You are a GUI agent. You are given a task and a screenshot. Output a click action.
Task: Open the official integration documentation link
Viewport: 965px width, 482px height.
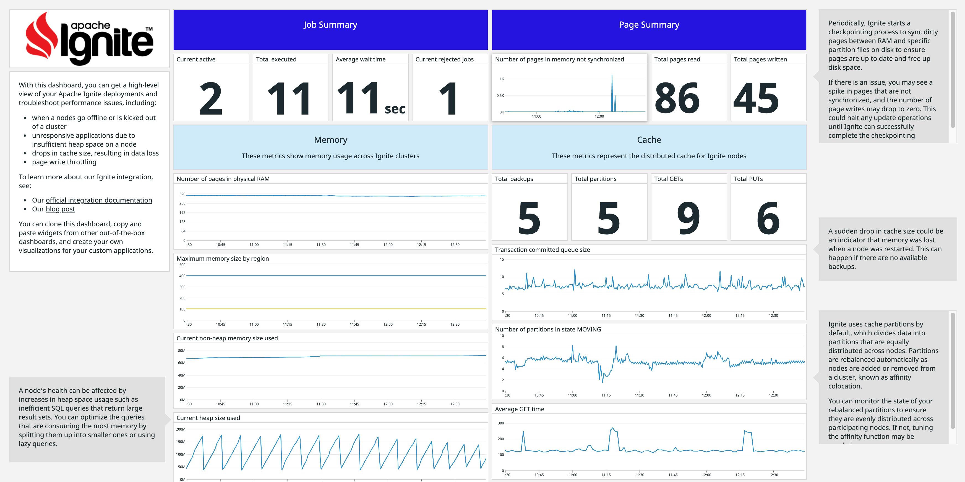pos(99,200)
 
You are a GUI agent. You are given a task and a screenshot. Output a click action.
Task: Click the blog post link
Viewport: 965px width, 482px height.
pos(60,209)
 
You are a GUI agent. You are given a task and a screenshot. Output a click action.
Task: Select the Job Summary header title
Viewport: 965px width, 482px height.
pos(330,25)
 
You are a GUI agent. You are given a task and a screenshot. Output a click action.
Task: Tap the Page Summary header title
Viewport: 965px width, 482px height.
pos(649,25)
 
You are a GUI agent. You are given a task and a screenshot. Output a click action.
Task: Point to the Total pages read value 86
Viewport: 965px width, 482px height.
pos(677,98)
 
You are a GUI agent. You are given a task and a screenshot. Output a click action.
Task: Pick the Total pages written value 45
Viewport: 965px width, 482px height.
pos(756,98)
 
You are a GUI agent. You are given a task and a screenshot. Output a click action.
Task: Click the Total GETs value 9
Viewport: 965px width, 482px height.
pos(688,218)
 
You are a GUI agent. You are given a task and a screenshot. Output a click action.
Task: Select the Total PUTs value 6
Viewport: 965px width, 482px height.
pos(768,218)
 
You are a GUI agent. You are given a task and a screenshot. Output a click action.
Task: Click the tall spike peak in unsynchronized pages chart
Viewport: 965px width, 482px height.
pos(612,76)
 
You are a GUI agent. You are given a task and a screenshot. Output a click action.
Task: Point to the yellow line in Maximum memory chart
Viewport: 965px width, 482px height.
pos(336,309)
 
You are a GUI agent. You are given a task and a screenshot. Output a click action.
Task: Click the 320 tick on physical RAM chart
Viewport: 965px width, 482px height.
pos(182,194)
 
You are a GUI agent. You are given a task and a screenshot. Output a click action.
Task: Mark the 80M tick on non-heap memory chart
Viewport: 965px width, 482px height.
pos(182,351)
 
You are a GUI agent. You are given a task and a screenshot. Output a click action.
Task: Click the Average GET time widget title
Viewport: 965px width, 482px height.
pos(519,409)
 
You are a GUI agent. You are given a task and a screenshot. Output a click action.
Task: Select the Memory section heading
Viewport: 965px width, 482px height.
pos(330,140)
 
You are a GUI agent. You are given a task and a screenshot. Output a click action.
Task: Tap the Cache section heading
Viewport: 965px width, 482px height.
pos(649,140)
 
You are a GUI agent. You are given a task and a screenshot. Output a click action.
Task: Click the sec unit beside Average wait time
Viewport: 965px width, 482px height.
pos(395,109)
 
